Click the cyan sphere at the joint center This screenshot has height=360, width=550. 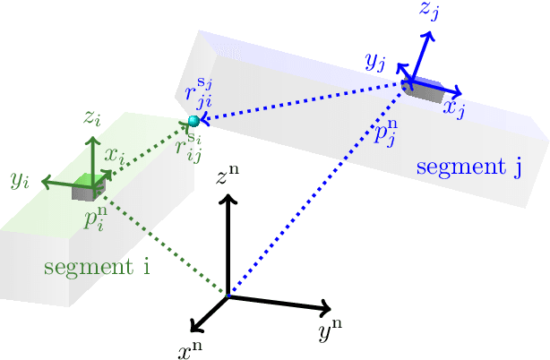point(193,121)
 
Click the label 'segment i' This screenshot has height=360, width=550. point(96,268)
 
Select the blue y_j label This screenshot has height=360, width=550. point(374,61)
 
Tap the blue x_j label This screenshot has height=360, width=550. point(453,109)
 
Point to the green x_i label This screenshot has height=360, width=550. point(114,154)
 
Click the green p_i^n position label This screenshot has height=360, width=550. point(95,219)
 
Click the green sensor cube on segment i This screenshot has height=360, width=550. point(90,188)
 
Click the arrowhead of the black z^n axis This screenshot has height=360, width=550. point(228,200)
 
